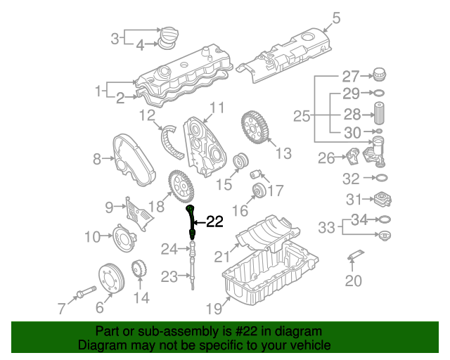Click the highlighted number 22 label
tap(213, 222)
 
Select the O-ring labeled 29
tap(378, 94)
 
